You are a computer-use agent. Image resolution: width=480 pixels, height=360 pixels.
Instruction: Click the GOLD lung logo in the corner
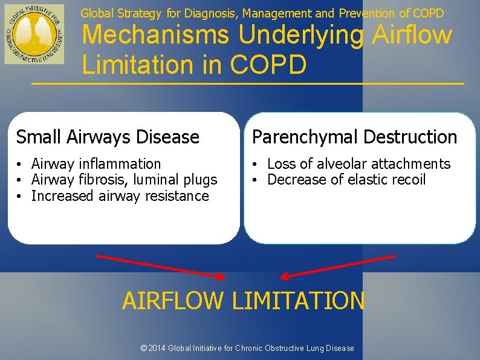(34, 34)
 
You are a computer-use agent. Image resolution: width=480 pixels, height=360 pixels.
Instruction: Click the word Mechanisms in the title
(156, 35)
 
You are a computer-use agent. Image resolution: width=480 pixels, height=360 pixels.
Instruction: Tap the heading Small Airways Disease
(108, 137)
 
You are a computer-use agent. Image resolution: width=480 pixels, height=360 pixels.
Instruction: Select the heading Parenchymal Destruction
(354, 137)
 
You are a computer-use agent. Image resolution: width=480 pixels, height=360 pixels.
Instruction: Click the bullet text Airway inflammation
(96, 164)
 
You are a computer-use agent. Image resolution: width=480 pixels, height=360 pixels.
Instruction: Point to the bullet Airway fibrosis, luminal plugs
(124, 180)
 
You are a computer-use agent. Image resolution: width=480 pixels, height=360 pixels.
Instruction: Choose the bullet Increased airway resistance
(120, 196)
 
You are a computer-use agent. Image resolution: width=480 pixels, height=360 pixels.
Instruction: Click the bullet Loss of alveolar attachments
(358, 164)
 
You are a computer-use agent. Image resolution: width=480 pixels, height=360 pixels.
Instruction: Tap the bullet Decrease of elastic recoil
(346, 180)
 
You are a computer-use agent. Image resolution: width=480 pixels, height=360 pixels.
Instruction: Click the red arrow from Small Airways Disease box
(160, 266)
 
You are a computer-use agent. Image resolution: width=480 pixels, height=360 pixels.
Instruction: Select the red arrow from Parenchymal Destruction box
(339, 266)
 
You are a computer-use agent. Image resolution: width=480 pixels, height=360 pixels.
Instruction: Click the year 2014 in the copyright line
(157, 348)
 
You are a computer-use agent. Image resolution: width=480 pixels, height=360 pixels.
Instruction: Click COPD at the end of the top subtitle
(429, 13)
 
